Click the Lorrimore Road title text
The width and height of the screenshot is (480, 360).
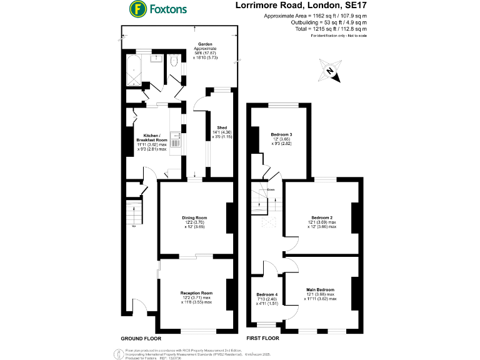pos(306,6)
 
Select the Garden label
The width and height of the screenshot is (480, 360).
pos(206,44)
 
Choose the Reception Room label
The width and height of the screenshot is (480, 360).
pos(196,292)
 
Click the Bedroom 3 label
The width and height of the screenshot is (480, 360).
pos(282,135)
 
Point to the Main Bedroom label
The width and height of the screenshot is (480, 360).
pos(320,290)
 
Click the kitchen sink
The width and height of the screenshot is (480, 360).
pos(177,141)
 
